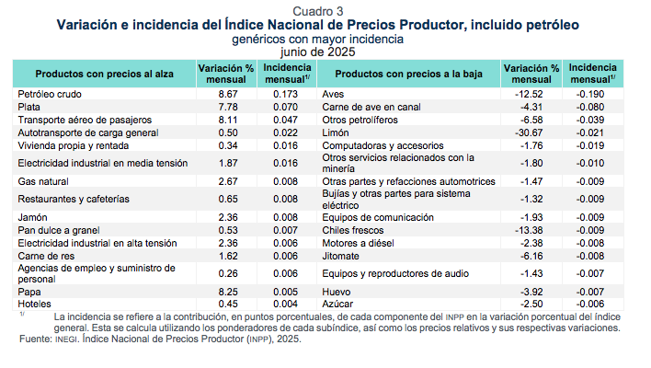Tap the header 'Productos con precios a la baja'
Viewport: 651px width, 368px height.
(x=415, y=74)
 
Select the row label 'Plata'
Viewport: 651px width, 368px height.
(x=29, y=107)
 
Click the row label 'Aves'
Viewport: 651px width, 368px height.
(x=333, y=94)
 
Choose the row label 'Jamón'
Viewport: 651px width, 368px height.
(x=34, y=217)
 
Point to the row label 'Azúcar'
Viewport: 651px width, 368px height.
(x=337, y=303)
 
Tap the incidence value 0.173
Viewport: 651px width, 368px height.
(x=288, y=94)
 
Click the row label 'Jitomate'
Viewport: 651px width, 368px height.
(x=340, y=254)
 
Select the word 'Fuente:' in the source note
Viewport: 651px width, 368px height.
(x=35, y=339)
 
